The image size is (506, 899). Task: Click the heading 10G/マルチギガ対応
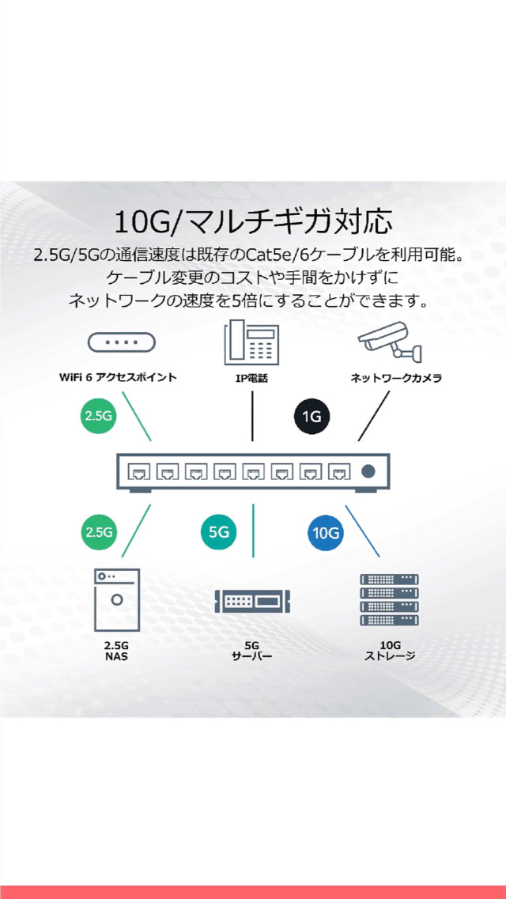253,221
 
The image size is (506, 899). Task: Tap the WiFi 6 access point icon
121,342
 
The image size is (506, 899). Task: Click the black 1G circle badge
312,416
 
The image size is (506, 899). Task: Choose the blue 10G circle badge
326,533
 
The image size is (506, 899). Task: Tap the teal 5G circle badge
218,533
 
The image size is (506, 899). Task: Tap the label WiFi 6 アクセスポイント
119,378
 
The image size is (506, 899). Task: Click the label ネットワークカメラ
396,378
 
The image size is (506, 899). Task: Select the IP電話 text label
251,379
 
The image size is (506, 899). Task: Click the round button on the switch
368,472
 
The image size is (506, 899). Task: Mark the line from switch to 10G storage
363,531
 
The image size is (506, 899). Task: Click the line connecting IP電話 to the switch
252,415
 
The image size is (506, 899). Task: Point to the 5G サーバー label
252,651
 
